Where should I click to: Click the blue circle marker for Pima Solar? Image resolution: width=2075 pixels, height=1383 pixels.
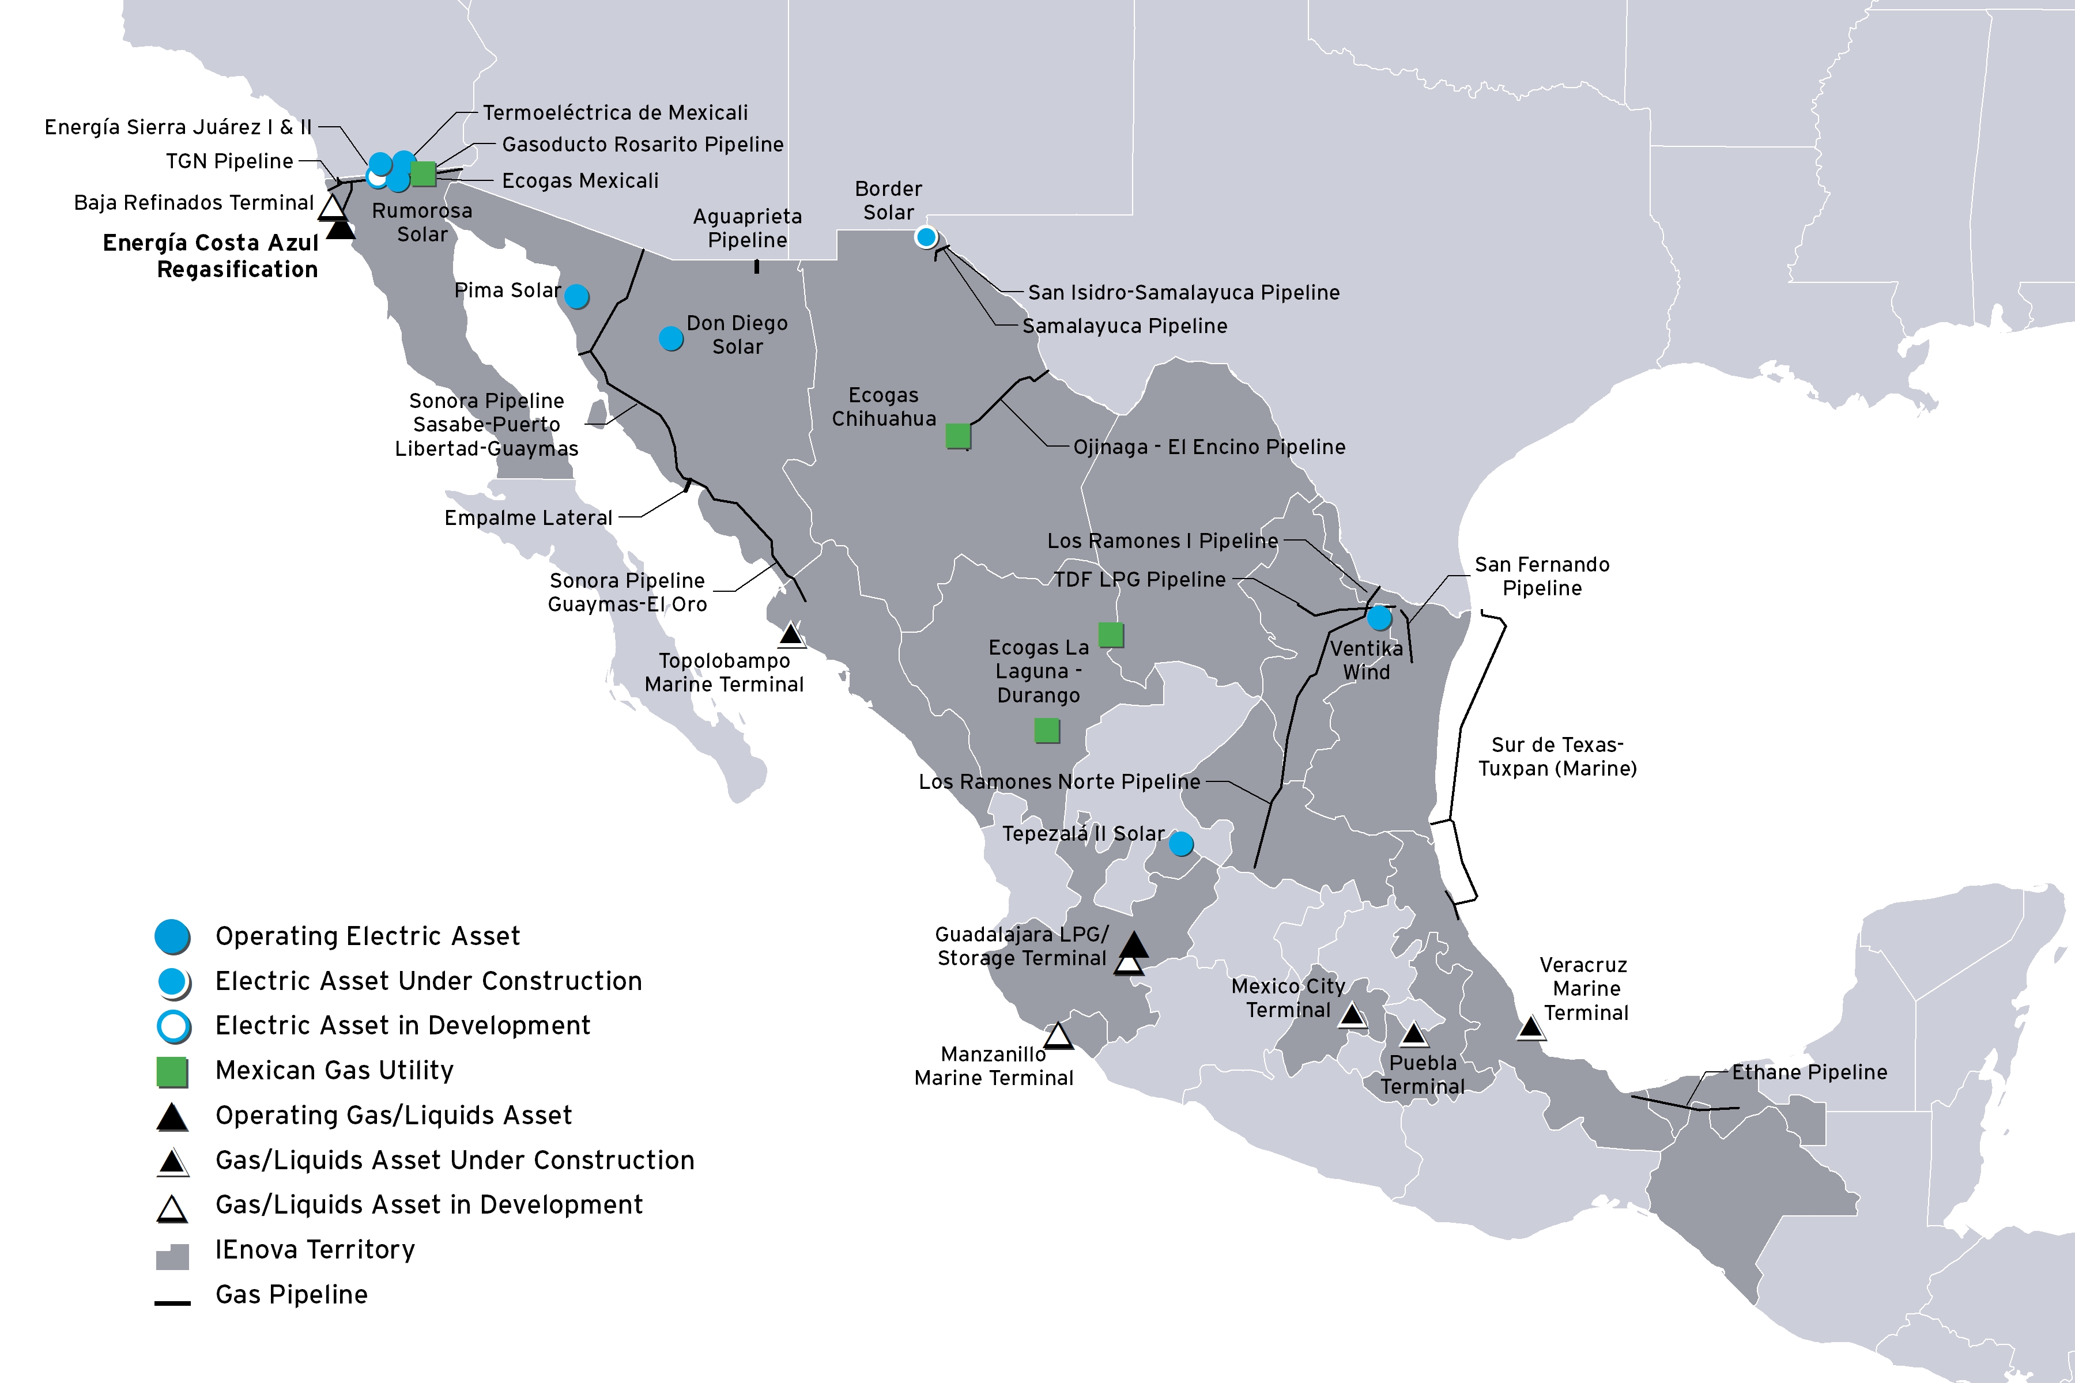click(576, 296)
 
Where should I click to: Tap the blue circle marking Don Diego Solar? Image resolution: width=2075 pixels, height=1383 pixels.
click(670, 338)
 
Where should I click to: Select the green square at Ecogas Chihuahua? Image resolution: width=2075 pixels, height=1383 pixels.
click(958, 435)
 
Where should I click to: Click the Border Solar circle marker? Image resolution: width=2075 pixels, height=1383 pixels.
click(926, 236)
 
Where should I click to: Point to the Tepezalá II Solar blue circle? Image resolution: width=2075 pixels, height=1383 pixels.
click(1180, 844)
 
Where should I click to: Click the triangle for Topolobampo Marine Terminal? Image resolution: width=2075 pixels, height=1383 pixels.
click(790, 634)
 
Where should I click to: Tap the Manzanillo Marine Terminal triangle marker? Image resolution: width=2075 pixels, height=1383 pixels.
click(1058, 1036)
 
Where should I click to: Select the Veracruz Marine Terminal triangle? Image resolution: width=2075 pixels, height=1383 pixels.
click(1531, 1027)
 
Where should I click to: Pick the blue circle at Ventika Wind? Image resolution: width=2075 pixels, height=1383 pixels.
click(1379, 617)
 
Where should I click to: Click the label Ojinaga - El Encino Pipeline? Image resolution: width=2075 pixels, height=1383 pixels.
click(1209, 447)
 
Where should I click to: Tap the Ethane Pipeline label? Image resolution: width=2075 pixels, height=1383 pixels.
click(1809, 1072)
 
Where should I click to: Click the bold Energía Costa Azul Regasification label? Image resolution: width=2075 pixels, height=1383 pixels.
click(211, 256)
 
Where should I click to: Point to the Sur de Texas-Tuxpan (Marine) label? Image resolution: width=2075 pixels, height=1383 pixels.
click(1557, 757)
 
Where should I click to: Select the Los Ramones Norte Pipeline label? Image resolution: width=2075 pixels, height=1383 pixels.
click(1059, 781)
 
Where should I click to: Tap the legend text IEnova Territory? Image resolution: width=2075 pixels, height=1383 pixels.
click(315, 1250)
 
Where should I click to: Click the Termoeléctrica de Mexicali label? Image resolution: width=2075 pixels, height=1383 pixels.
click(615, 113)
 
